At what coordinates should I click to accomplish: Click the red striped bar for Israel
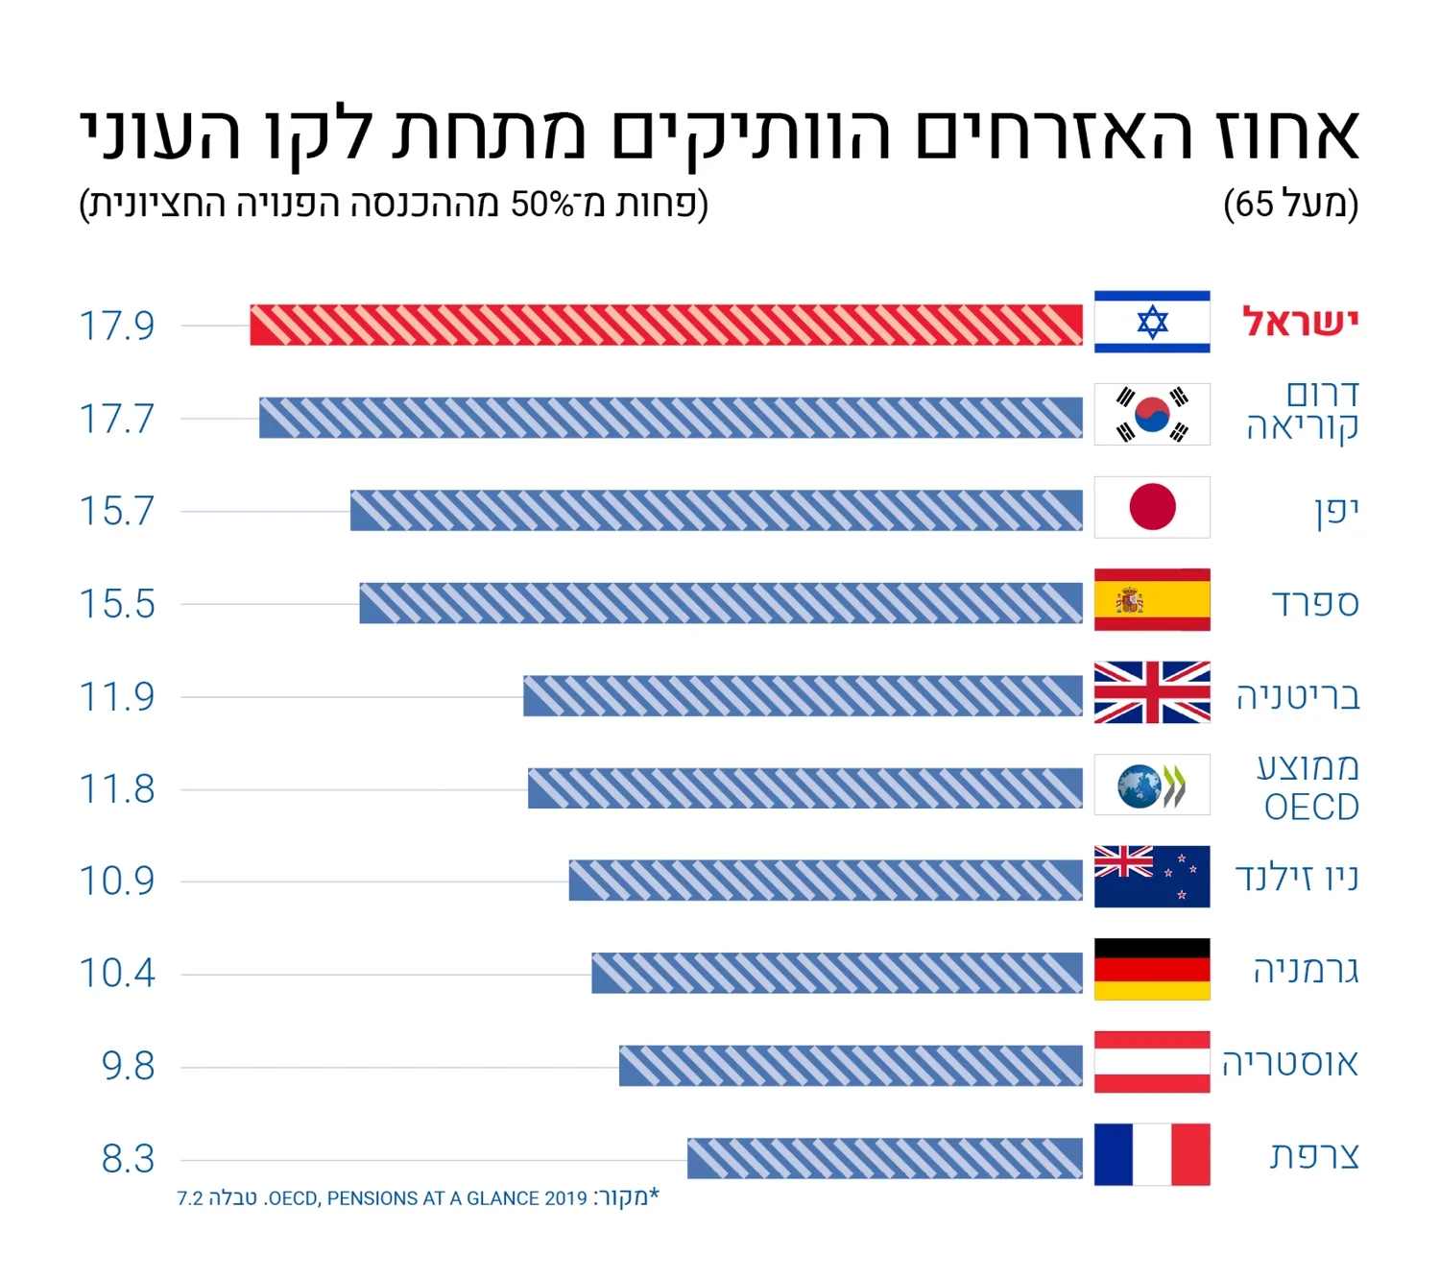(x=666, y=325)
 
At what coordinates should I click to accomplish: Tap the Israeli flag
(x=1151, y=322)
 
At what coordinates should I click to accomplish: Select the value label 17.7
(x=116, y=418)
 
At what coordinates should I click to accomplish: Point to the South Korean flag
(x=1151, y=414)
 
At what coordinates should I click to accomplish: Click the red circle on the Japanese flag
(x=1152, y=506)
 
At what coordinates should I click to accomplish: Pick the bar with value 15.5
(x=721, y=603)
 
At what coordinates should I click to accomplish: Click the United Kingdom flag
(x=1151, y=692)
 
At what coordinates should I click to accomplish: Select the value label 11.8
(x=116, y=788)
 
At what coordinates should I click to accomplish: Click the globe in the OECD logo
(x=1139, y=785)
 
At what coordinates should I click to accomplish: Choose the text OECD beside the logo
(x=1311, y=808)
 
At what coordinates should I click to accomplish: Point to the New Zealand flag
(x=1151, y=876)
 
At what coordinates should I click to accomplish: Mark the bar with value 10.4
(x=837, y=973)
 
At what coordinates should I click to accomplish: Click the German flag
(x=1151, y=969)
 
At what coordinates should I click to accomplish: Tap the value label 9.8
(x=128, y=1066)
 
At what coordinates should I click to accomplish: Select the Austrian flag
(x=1151, y=1062)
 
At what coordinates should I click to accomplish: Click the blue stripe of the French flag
(x=1113, y=1154)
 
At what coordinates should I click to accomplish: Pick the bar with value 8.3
(x=885, y=1158)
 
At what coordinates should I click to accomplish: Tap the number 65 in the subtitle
(x=1254, y=205)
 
